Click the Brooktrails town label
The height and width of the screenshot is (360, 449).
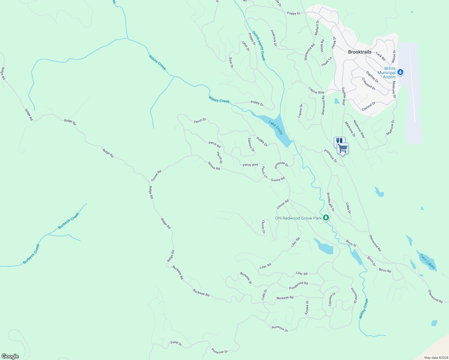point(360,52)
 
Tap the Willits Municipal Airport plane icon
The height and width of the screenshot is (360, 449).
point(400,72)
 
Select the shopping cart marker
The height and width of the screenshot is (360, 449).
point(342,148)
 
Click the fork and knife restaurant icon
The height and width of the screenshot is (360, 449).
point(339,140)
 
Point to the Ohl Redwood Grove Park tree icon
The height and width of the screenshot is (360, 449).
point(326,218)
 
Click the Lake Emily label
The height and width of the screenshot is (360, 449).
point(276,127)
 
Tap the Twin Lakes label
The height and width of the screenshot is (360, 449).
point(427,261)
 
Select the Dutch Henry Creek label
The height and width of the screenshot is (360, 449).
point(259,46)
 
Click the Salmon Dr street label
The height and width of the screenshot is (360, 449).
point(251,144)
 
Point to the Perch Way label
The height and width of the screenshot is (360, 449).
point(250,165)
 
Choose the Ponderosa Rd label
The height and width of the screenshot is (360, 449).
point(298,286)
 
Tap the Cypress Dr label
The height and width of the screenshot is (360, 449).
point(332,299)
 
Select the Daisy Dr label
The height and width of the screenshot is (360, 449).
point(176,343)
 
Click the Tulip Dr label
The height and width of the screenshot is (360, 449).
point(264,295)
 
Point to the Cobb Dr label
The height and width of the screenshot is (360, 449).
point(348,208)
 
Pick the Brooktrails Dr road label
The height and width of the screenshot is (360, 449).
point(330,202)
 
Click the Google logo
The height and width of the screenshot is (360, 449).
point(10,356)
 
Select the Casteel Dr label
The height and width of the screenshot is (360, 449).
point(369,106)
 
